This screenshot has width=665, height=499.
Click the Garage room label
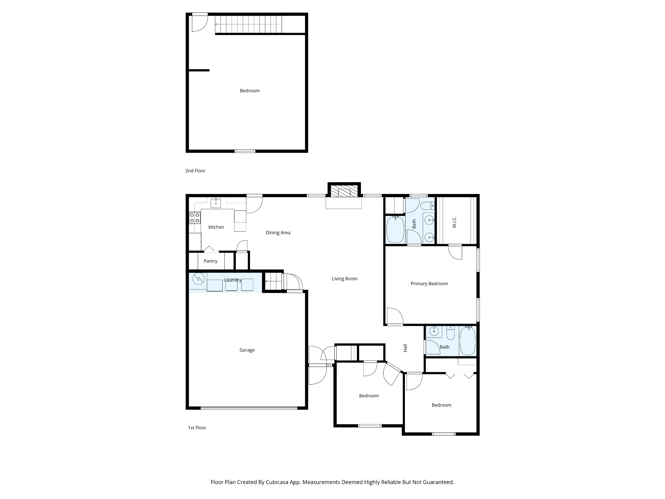click(x=247, y=350)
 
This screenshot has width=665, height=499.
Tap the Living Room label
click(x=345, y=278)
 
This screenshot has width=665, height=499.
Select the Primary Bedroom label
click(x=429, y=284)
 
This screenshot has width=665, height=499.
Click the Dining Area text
click(x=278, y=233)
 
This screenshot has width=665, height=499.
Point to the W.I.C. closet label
click(x=454, y=222)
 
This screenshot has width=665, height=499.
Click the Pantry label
click(x=210, y=261)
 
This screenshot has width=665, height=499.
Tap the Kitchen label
click(x=216, y=227)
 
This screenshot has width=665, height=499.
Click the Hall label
click(x=405, y=348)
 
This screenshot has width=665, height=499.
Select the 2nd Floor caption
click(x=195, y=171)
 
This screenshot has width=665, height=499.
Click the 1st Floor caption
click(x=197, y=428)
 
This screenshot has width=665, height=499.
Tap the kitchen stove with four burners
click(x=195, y=218)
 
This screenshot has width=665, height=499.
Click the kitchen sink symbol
click(x=216, y=203)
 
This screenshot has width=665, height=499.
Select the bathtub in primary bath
click(x=395, y=229)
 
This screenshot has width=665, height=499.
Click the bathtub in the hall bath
click(x=468, y=341)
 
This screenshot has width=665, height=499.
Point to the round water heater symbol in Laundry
click(x=198, y=279)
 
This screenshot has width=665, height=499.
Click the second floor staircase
click(x=249, y=24)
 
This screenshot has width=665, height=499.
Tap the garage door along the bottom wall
click(x=249, y=408)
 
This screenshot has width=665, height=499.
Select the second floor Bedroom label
click(x=250, y=91)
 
